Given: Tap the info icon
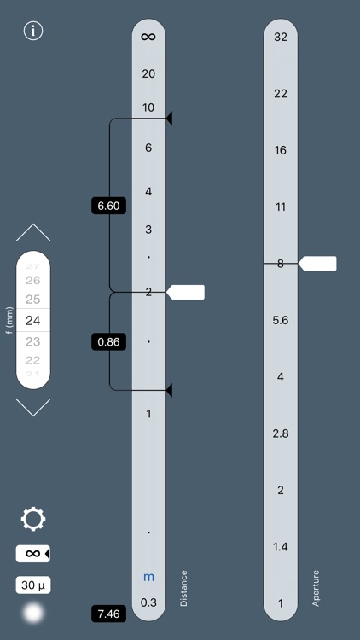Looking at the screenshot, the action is coord(33,31).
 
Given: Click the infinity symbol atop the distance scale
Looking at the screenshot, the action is coord(148,37).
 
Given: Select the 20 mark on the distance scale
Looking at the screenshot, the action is coord(148,74).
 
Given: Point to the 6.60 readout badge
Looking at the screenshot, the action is coord(108,206).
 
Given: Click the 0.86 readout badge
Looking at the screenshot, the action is coord(108,341).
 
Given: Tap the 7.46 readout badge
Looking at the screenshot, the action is coord(108,614).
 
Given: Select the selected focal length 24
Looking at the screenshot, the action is coord(33,320).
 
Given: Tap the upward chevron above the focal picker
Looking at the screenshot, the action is coord(33,232).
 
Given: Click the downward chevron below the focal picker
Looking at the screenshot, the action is coord(33,407).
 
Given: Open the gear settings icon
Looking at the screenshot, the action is coord(33,519).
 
